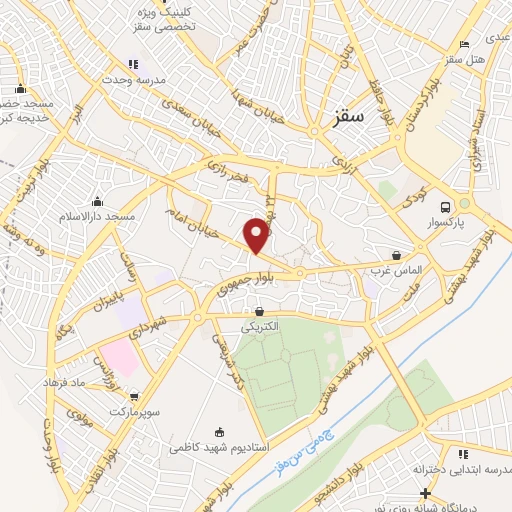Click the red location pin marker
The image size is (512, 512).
257,235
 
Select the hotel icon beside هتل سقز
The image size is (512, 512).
463,45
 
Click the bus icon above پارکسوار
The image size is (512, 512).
462,204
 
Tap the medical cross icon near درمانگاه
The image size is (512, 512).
427,492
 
